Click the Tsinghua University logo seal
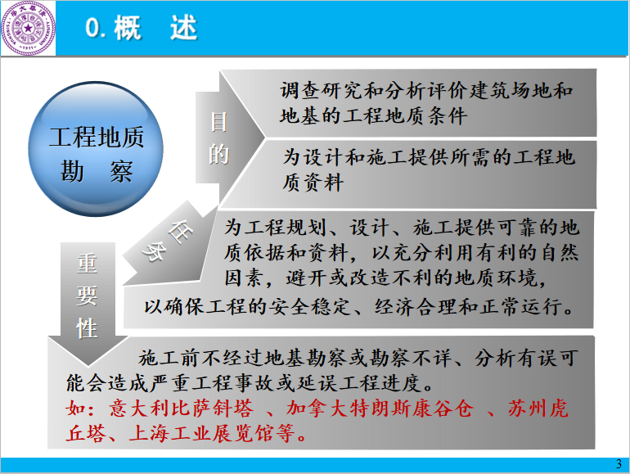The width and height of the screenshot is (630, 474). pos(28,28)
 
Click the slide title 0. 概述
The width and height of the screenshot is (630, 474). pos(141,28)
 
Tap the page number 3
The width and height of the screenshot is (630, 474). pos(619,464)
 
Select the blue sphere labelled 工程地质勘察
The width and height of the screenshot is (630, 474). pos(96,149)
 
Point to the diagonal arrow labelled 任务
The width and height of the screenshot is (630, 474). pos(169,245)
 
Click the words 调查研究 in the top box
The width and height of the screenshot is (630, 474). pos(322,90)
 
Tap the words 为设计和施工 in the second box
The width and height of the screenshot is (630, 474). pos(344,157)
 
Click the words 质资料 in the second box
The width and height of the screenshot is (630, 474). pos(313,183)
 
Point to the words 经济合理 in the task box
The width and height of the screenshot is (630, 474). pos(416,307)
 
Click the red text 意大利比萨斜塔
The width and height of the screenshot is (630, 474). pos(181,409)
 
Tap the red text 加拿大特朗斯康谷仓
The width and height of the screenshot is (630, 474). pos(380,409)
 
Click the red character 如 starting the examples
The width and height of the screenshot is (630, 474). pos(76,409)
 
